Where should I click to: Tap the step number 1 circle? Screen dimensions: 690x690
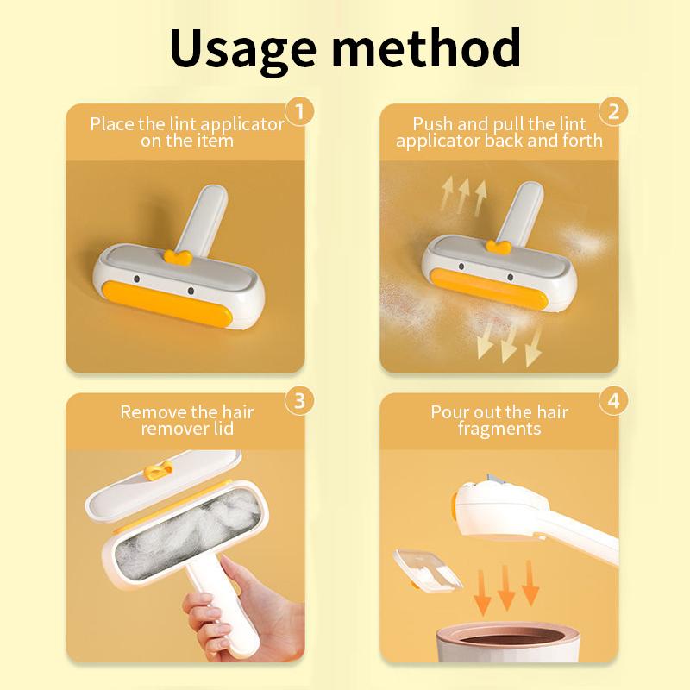tap(299, 111)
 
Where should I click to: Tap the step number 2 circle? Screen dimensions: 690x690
tap(613, 111)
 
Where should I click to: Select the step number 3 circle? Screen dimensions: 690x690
tap(299, 400)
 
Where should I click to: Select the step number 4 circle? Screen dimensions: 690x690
tap(613, 400)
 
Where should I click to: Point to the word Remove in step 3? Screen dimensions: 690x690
tap(150, 412)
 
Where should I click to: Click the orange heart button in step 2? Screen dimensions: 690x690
tap(498, 248)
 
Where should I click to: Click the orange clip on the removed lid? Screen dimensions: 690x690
tap(159, 471)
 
